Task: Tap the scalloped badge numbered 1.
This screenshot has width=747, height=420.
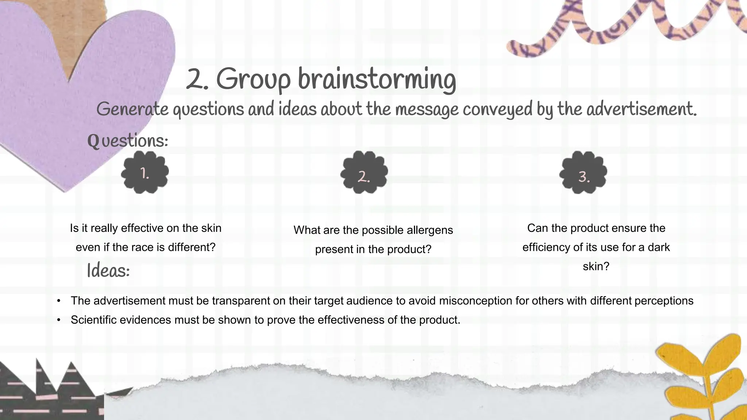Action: tap(145, 172)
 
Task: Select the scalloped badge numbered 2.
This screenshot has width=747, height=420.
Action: tap(364, 172)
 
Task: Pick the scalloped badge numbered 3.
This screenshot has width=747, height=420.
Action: tap(583, 172)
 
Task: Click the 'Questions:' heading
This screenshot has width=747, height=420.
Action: tap(128, 141)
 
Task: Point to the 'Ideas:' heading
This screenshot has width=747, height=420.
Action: tap(108, 271)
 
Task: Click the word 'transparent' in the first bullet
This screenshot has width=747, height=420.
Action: tap(241, 301)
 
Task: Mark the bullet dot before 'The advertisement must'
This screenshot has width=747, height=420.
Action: tap(58, 301)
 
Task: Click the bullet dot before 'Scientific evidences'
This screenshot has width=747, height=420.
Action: tap(58, 320)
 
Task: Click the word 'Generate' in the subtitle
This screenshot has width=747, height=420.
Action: tap(132, 109)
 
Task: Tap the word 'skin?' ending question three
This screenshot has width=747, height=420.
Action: tap(596, 266)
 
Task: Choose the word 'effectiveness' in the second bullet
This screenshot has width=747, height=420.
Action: tap(351, 320)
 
